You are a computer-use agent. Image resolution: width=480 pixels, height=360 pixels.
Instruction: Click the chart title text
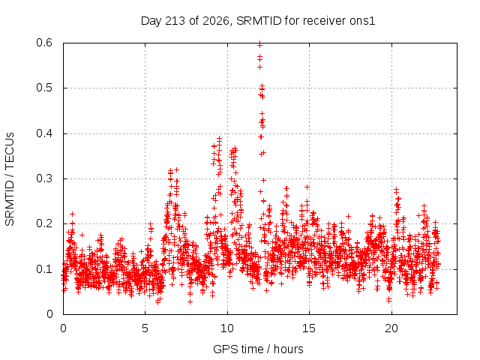point(258,21)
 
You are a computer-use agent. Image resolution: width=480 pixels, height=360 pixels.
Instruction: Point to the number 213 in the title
point(175,21)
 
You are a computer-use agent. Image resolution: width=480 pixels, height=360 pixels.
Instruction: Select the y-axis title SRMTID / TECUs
point(10,179)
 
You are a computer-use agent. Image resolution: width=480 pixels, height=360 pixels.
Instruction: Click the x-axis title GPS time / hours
point(258,349)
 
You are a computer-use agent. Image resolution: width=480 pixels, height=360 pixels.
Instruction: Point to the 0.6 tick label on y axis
point(44,43)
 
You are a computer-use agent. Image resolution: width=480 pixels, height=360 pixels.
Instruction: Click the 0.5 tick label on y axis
point(44,88)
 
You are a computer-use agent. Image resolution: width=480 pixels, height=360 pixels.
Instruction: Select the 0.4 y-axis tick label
point(44,133)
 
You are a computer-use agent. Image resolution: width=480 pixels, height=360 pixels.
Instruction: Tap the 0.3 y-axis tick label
point(44,178)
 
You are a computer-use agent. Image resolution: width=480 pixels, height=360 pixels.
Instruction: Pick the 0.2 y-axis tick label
point(44,223)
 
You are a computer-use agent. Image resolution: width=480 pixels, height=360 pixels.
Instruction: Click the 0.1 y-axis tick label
point(44,269)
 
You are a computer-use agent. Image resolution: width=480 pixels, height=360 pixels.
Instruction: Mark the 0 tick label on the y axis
point(49,314)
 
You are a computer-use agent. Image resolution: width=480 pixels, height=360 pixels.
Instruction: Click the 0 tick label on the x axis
point(63,328)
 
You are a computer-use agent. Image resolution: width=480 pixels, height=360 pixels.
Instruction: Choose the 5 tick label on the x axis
point(145,328)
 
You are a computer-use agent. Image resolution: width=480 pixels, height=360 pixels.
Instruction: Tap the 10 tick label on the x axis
point(227,328)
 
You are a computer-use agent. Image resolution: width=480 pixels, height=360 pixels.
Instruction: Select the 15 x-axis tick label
point(309,328)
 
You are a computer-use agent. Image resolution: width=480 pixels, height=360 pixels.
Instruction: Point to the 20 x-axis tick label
point(391,328)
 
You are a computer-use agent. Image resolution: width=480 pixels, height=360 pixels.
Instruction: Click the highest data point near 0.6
point(259,45)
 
